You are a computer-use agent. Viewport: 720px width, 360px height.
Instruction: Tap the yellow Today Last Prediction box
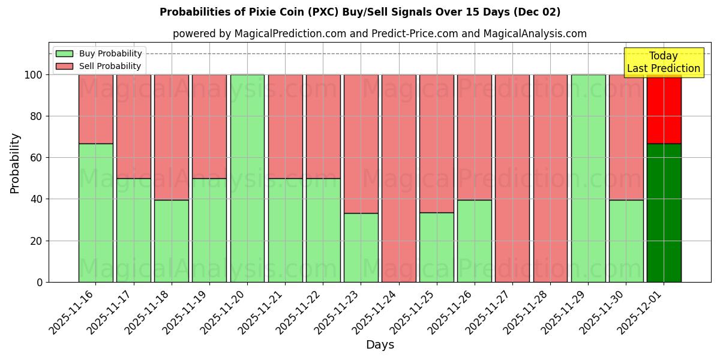click(x=663, y=62)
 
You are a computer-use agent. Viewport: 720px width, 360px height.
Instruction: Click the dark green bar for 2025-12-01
click(x=664, y=212)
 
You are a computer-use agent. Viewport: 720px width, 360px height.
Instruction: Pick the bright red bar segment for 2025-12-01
click(x=664, y=109)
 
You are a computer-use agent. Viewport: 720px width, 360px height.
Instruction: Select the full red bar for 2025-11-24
click(x=398, y=178)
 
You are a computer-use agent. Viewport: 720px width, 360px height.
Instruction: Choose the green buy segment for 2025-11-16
click(x=96, y=212)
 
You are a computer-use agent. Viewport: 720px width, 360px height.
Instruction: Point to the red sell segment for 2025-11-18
click(x=172, y=137)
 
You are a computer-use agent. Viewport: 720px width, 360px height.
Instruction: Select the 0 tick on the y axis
click(x=39, y=282)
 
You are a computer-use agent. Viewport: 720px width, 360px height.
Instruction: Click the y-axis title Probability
click(x=15, y=163)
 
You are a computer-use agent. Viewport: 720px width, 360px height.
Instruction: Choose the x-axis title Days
click(x=380, y=345)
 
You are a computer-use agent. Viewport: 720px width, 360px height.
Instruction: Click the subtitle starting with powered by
click(x=380, y=34)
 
